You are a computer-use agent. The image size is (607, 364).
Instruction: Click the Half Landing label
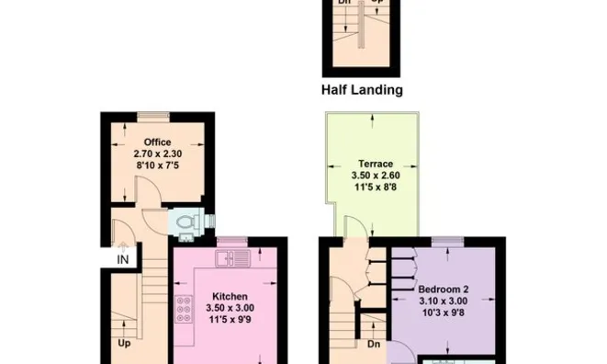point(363,90)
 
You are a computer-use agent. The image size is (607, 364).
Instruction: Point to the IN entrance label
point(123,259)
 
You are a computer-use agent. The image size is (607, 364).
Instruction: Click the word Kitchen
point(228,296)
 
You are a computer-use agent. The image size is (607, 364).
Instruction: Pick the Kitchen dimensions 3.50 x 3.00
point(228,308)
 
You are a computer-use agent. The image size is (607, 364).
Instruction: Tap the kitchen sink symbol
point(228,258)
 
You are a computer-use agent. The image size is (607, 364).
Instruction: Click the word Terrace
point(369,164)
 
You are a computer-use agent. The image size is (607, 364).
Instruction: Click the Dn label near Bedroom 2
point(373,346)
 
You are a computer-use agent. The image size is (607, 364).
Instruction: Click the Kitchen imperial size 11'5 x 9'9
point(228,320)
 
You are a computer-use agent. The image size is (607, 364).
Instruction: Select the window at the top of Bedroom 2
point(447,241)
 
